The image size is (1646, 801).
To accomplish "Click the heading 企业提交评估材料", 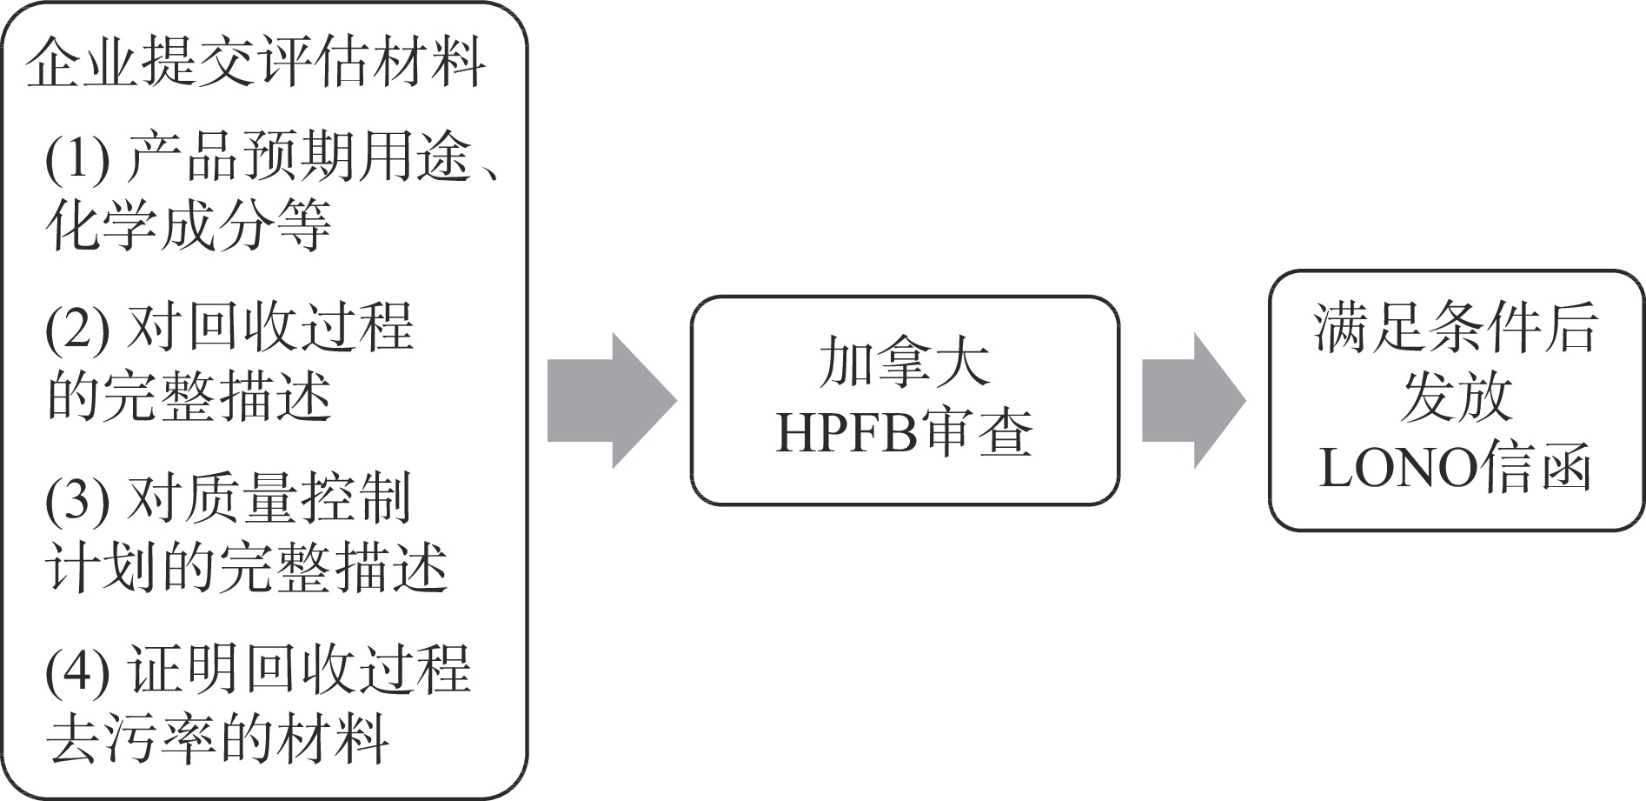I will click(256, 63).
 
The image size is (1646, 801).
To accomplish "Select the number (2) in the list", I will click(77, 329).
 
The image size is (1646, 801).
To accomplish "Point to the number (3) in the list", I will click(77, 500).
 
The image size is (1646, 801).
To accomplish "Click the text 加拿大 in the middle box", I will click(905, 364).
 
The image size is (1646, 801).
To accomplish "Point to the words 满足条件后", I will click(1456, 329).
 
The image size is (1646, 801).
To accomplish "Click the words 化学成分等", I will click(189, 225).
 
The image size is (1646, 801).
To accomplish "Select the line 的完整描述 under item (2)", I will click(189, 397).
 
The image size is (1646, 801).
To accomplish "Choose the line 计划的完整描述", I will click(246, 568).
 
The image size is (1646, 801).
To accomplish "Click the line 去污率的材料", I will click(217, 739).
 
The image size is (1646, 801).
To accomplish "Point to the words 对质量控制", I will click(269, 500).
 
